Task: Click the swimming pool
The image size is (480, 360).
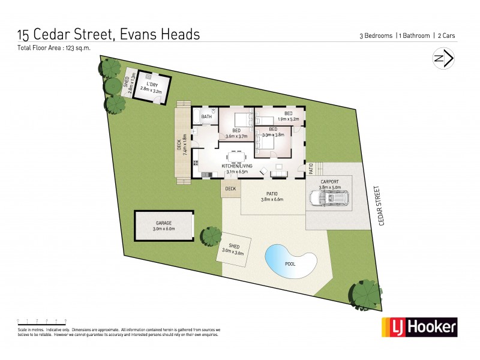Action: point(291,260)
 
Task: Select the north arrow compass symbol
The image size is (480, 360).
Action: point(443,58)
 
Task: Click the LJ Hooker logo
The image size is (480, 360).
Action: point(420,327)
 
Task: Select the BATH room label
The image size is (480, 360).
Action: point(207,117)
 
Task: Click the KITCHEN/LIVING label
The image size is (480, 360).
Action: point(237,166)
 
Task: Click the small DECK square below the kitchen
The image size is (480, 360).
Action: point(230,189)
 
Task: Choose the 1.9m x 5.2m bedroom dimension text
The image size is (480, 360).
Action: point(288,120)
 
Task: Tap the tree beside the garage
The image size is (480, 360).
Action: point(211,235)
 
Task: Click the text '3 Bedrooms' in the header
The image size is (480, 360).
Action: point(376,36)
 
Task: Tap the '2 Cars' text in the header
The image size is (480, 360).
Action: point(445,36)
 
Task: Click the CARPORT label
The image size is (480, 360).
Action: point(329,181)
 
